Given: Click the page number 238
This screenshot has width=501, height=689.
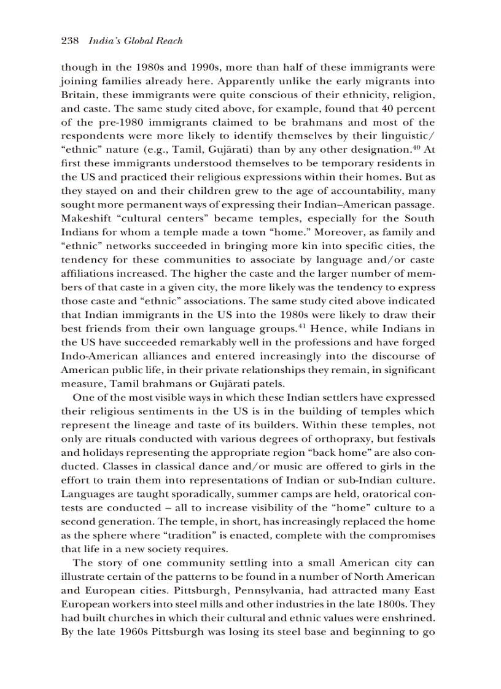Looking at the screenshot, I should (70, 41).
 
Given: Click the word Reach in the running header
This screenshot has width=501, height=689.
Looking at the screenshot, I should (169, 41).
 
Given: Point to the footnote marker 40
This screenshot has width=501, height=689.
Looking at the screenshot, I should (416, 147).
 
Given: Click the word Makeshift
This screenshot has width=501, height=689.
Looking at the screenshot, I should (85, 218).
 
